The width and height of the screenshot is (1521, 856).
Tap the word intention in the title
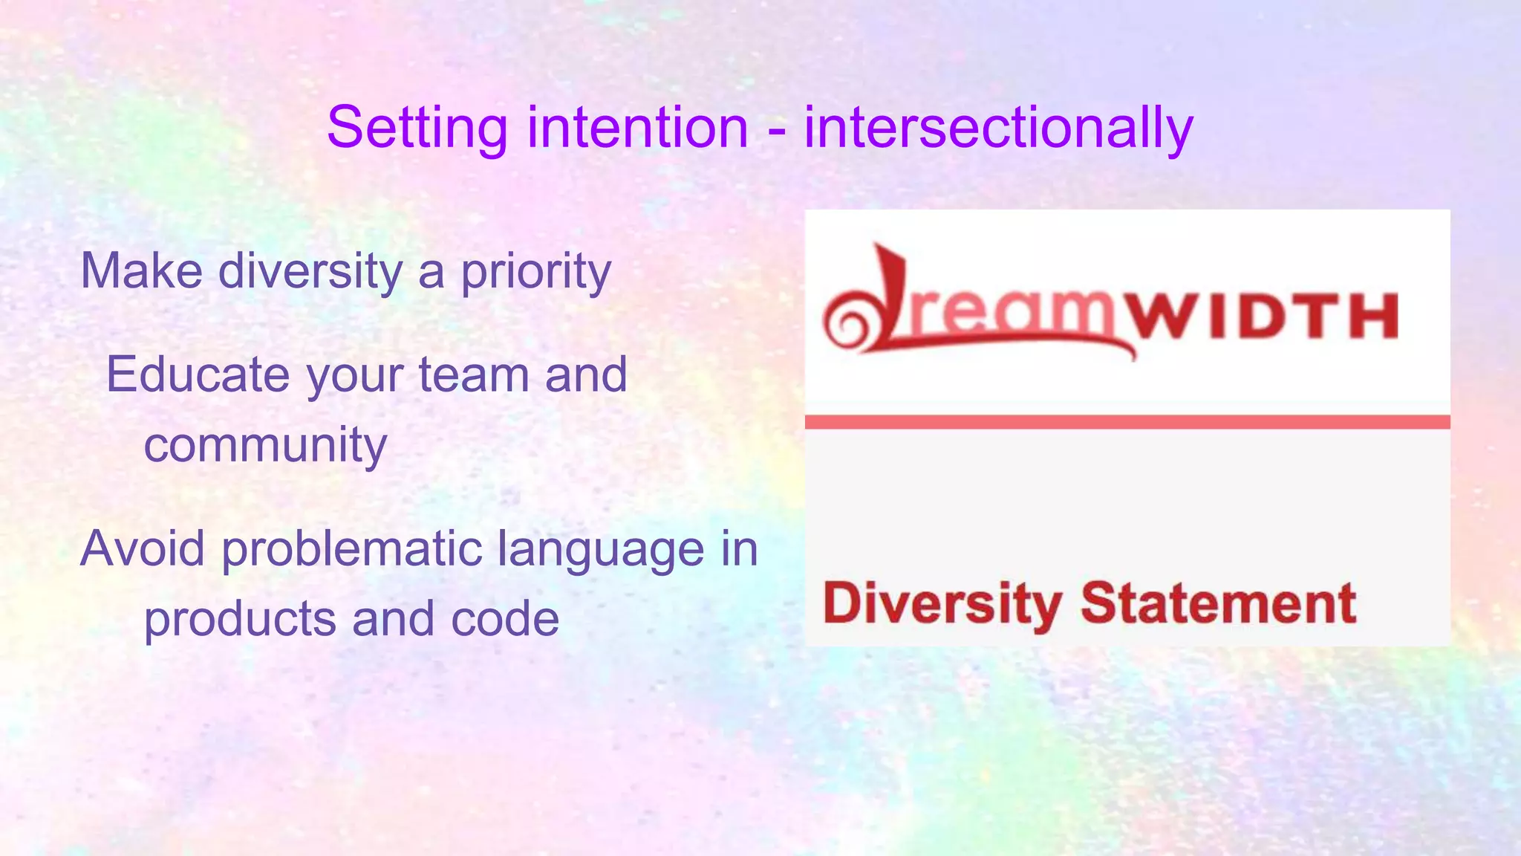pyautogui.click(x=637, y=128)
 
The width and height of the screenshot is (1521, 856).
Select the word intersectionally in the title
pyautogui.click(x=998, y=128)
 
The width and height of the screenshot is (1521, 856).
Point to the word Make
pyautogui.click(x=141, y=270)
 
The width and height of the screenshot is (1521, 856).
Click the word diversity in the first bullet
pyautogui.click(x=310, y=270)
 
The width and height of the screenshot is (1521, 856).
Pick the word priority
pyautogui.click(x=535, y=272)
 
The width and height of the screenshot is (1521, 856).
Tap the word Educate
pyautogui.click(x=198, y=374)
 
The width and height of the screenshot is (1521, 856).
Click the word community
pyautogui.click(x=265, y=445)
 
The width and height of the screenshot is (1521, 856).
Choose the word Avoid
pyautogui.click(x=142, y=549)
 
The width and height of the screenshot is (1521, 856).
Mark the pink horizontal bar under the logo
pyautogui.click(x=1127, y=422)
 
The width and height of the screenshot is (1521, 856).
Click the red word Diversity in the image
pyautogui.click(x=942, y=603)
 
